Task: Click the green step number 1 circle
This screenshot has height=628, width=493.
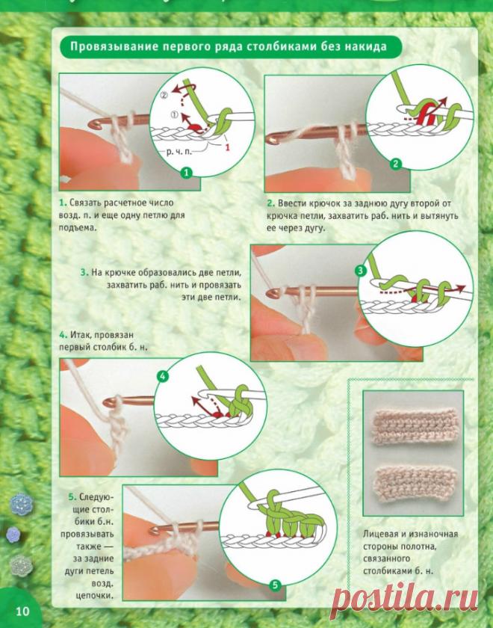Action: (x=187, y=173)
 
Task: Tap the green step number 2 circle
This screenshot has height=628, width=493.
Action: (x=395, y=164)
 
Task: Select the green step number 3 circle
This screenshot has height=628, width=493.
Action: (x=361, y=271)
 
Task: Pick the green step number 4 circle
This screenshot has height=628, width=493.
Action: (x=163, y=376)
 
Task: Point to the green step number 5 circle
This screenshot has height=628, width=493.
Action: (x=275, y=585)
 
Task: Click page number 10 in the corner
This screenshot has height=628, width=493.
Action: (x=23, y=611)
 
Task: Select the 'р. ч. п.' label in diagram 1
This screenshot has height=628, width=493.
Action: (x=179, y=152)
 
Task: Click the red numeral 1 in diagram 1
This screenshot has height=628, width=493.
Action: (x=227, y=147)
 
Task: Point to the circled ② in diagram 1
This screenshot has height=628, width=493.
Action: (x=164, y=96)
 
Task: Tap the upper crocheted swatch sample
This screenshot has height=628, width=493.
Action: (x=415, y=426)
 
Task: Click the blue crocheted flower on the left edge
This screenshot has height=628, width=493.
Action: (x=21, y=504)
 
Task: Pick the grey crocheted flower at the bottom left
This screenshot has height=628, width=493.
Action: (x=21, y=565)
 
